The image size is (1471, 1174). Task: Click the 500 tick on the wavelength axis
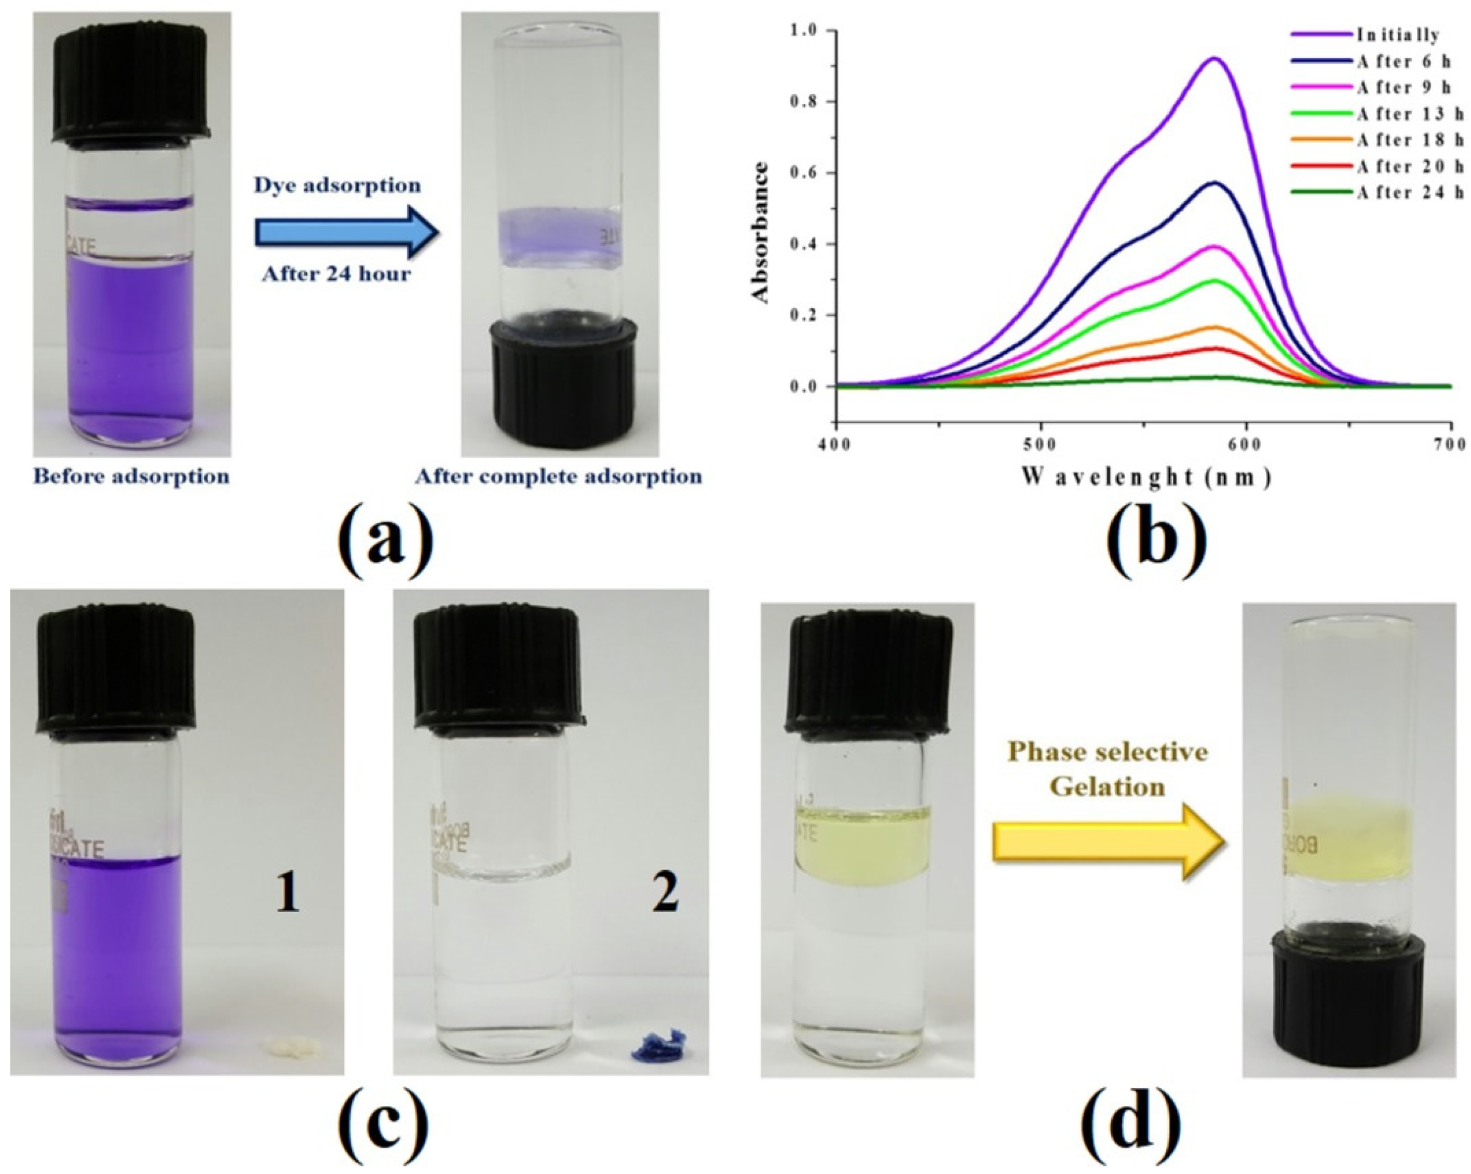click(1041, 445)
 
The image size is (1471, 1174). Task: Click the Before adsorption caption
click(132, 476)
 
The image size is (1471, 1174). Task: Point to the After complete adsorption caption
click(559, 476)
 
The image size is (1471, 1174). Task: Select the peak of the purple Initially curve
click(1215, 59)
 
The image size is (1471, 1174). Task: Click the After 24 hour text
click(337, 274)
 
